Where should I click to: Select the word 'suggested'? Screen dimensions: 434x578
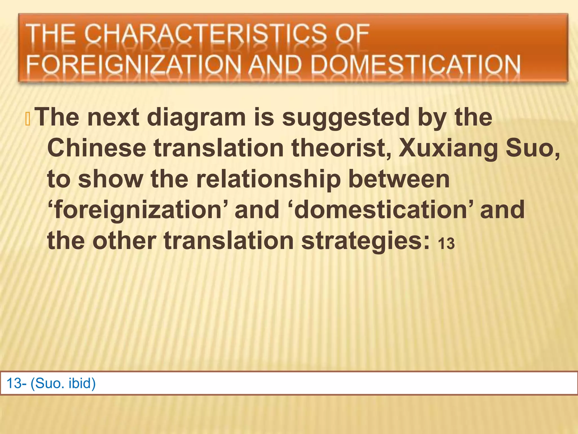(346, 118)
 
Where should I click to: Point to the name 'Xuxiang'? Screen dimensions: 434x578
(448, 149)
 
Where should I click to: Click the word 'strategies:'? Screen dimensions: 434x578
(365, 241)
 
